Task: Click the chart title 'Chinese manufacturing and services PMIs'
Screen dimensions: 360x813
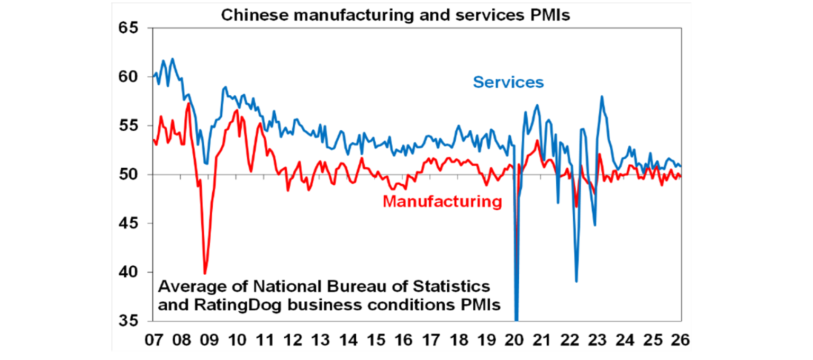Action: [x=395, y=14]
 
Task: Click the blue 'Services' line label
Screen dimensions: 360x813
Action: [x=508, y=83]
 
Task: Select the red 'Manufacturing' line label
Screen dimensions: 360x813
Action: [x=441, y=202]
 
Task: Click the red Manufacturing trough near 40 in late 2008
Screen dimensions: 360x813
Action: [x=205, y=273]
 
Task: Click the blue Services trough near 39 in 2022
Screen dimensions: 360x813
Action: [x=576, y=281]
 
